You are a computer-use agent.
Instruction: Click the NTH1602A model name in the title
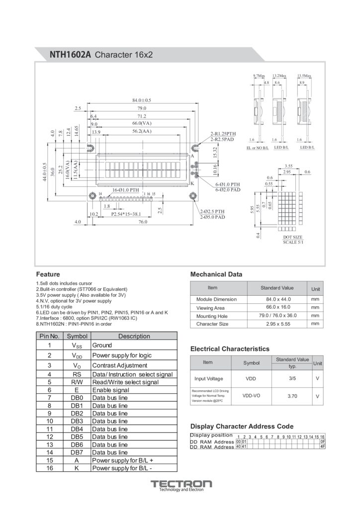coord(70,54)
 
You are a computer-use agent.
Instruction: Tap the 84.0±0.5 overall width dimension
coord(142,100)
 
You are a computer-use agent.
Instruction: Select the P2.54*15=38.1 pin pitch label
coord(126,214)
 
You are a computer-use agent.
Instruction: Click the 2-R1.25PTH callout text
coord(223,134)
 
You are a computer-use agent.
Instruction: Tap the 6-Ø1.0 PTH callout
coord(228,184)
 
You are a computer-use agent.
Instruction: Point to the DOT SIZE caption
coord(292,237)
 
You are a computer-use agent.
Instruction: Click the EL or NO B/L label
coord(258,148)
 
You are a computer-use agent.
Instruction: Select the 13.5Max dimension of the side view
coord(304,76)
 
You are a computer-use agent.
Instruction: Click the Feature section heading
coord(48,274)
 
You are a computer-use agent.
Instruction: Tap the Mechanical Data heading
coord(216,274)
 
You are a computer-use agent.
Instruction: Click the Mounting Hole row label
coord(212,316)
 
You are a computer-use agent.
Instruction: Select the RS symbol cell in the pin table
coord(77,374)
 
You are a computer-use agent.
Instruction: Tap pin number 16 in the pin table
coord(50,468)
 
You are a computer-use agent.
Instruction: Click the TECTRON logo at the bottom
coord(181,484)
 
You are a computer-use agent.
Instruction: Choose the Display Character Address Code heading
coord(242,426)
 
